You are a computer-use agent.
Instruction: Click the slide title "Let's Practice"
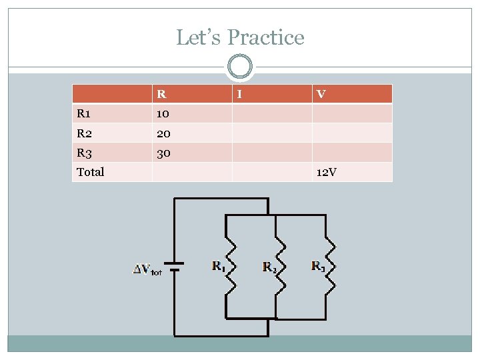pos(240,37)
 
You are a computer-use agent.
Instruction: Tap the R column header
pos(161,94)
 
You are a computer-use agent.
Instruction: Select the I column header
pos(240,94)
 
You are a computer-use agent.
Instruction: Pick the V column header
pos(321,94)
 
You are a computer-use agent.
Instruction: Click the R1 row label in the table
pos(85,113)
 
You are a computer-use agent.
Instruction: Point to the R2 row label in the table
pos(85,133)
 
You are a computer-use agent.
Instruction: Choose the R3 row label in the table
pos(85,153)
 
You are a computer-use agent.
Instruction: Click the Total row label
pos(91,172)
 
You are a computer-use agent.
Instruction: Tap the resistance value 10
pos(163,113)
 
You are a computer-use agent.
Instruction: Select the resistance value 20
pos(163,133)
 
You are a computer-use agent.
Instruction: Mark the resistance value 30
pos(163,153)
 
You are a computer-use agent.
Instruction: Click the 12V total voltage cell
pos(327,172)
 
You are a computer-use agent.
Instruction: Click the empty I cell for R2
pos(271,133)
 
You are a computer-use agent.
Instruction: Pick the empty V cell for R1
pos(352,113)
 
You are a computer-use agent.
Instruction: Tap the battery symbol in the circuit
pos(175,267)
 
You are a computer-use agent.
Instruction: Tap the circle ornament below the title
pos(240,67)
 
